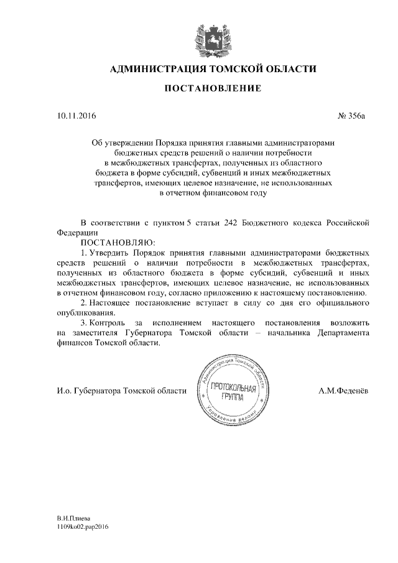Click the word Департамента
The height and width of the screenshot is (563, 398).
(340, 333)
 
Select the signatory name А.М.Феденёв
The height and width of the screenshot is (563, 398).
(343, 391)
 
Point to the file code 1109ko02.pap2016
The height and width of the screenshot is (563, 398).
(83, 526)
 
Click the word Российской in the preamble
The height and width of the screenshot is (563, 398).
(350, 222)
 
